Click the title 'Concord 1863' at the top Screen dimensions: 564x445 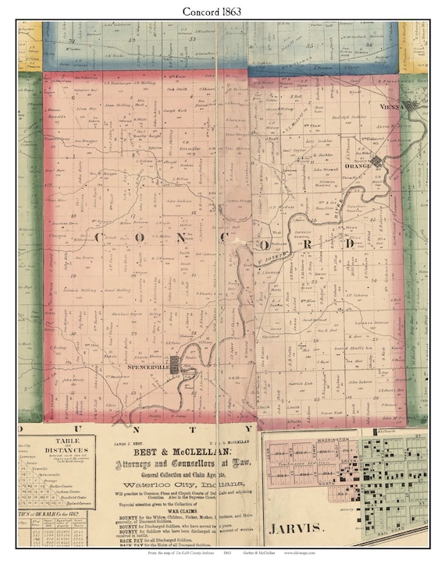pos(222,11)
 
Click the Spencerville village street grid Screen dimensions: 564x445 pos(177,364)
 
